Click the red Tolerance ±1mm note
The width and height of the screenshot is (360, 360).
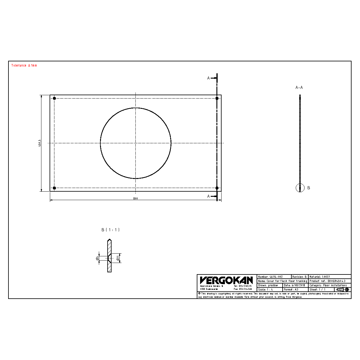tap(24, 65)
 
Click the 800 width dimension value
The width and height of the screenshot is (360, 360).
tap(135, 199)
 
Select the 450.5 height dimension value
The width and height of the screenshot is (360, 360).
tap(39, 143)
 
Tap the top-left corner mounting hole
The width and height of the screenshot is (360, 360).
tap(54, 98)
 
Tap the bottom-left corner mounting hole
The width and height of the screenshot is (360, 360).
tap(54, 188)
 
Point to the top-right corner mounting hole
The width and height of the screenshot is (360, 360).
tap(217, 98)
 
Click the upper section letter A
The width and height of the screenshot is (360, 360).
tap(208, 78)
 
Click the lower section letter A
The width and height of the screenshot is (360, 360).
tap(208, 196)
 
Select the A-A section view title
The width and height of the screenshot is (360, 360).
tap(299, 87)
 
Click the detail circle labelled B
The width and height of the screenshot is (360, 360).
tap(300, 188)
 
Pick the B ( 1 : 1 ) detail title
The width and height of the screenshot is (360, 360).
tap(110, 230)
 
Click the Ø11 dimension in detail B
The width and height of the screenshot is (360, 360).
tap(118, 258)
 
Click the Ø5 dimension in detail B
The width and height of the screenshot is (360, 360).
tap(97, 258)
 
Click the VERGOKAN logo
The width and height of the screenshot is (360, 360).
tap(226, 281)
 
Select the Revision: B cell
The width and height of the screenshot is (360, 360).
tap(300, 277)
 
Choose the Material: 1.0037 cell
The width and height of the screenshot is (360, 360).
tap(329, 277)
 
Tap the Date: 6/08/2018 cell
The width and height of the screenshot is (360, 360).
tap(295, 285)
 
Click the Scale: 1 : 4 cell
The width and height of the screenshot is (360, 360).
tap(270, 289)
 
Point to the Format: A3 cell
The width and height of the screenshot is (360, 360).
tap(295, 289)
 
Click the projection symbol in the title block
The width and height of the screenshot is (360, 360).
tap(342, 290)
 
